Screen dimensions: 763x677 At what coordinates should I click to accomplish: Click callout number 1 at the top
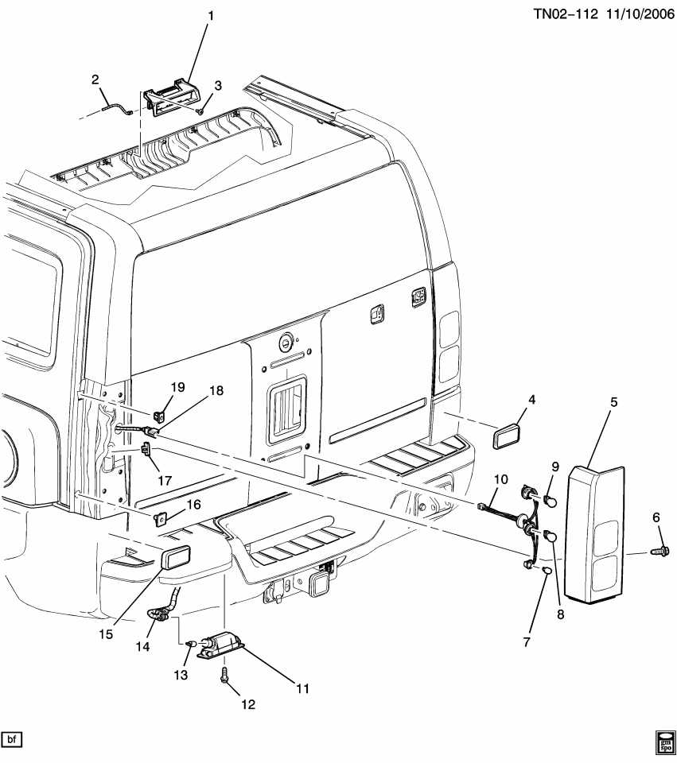coord(211,16)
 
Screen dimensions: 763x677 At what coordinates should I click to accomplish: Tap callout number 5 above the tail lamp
coord(613,403)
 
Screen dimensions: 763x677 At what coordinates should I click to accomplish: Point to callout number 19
coord(177,387)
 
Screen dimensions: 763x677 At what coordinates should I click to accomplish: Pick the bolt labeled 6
coord(657,549)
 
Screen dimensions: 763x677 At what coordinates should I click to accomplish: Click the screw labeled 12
coord(224,675)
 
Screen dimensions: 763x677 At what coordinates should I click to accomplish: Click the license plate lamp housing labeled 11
coord(220,641)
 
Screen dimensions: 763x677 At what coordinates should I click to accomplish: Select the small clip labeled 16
coord(161,519)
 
